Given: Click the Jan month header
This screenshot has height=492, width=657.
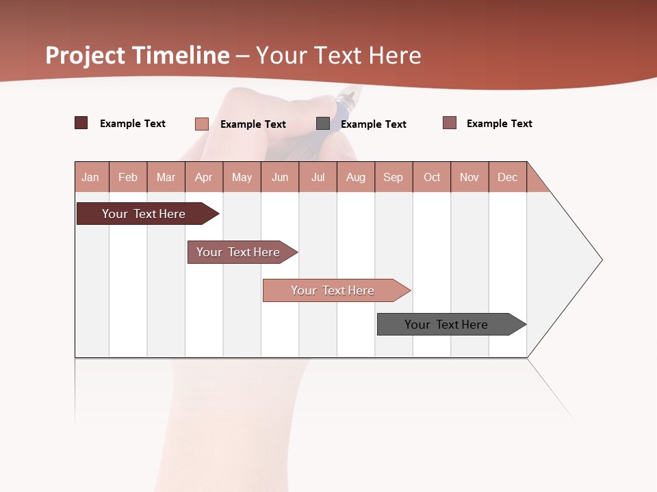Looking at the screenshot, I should tap(91, 177).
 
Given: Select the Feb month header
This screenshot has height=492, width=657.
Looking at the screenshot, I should tap(128, 177).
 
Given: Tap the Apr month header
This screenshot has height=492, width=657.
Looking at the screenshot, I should tap(204, 177).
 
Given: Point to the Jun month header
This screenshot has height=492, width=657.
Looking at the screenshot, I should tap(280, 177).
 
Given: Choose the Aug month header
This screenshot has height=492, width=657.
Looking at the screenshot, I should tap(356, 177).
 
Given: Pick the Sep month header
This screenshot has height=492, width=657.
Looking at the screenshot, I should tap(394, 177).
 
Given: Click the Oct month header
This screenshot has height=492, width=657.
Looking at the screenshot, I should tap(432, 177).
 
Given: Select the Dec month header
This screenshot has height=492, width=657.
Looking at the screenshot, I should tap(508, 177).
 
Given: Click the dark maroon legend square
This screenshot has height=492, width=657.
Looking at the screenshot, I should tap(81, 123).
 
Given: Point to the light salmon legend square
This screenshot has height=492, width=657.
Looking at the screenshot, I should tap(202, 124).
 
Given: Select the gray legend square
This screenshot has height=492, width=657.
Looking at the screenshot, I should tap(323, 124).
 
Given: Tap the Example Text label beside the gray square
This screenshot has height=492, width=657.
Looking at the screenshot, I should tap(373, 124).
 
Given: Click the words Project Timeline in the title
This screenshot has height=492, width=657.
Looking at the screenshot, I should tap(138, 55).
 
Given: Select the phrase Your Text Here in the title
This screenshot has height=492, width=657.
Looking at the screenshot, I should tap(339, 55).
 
